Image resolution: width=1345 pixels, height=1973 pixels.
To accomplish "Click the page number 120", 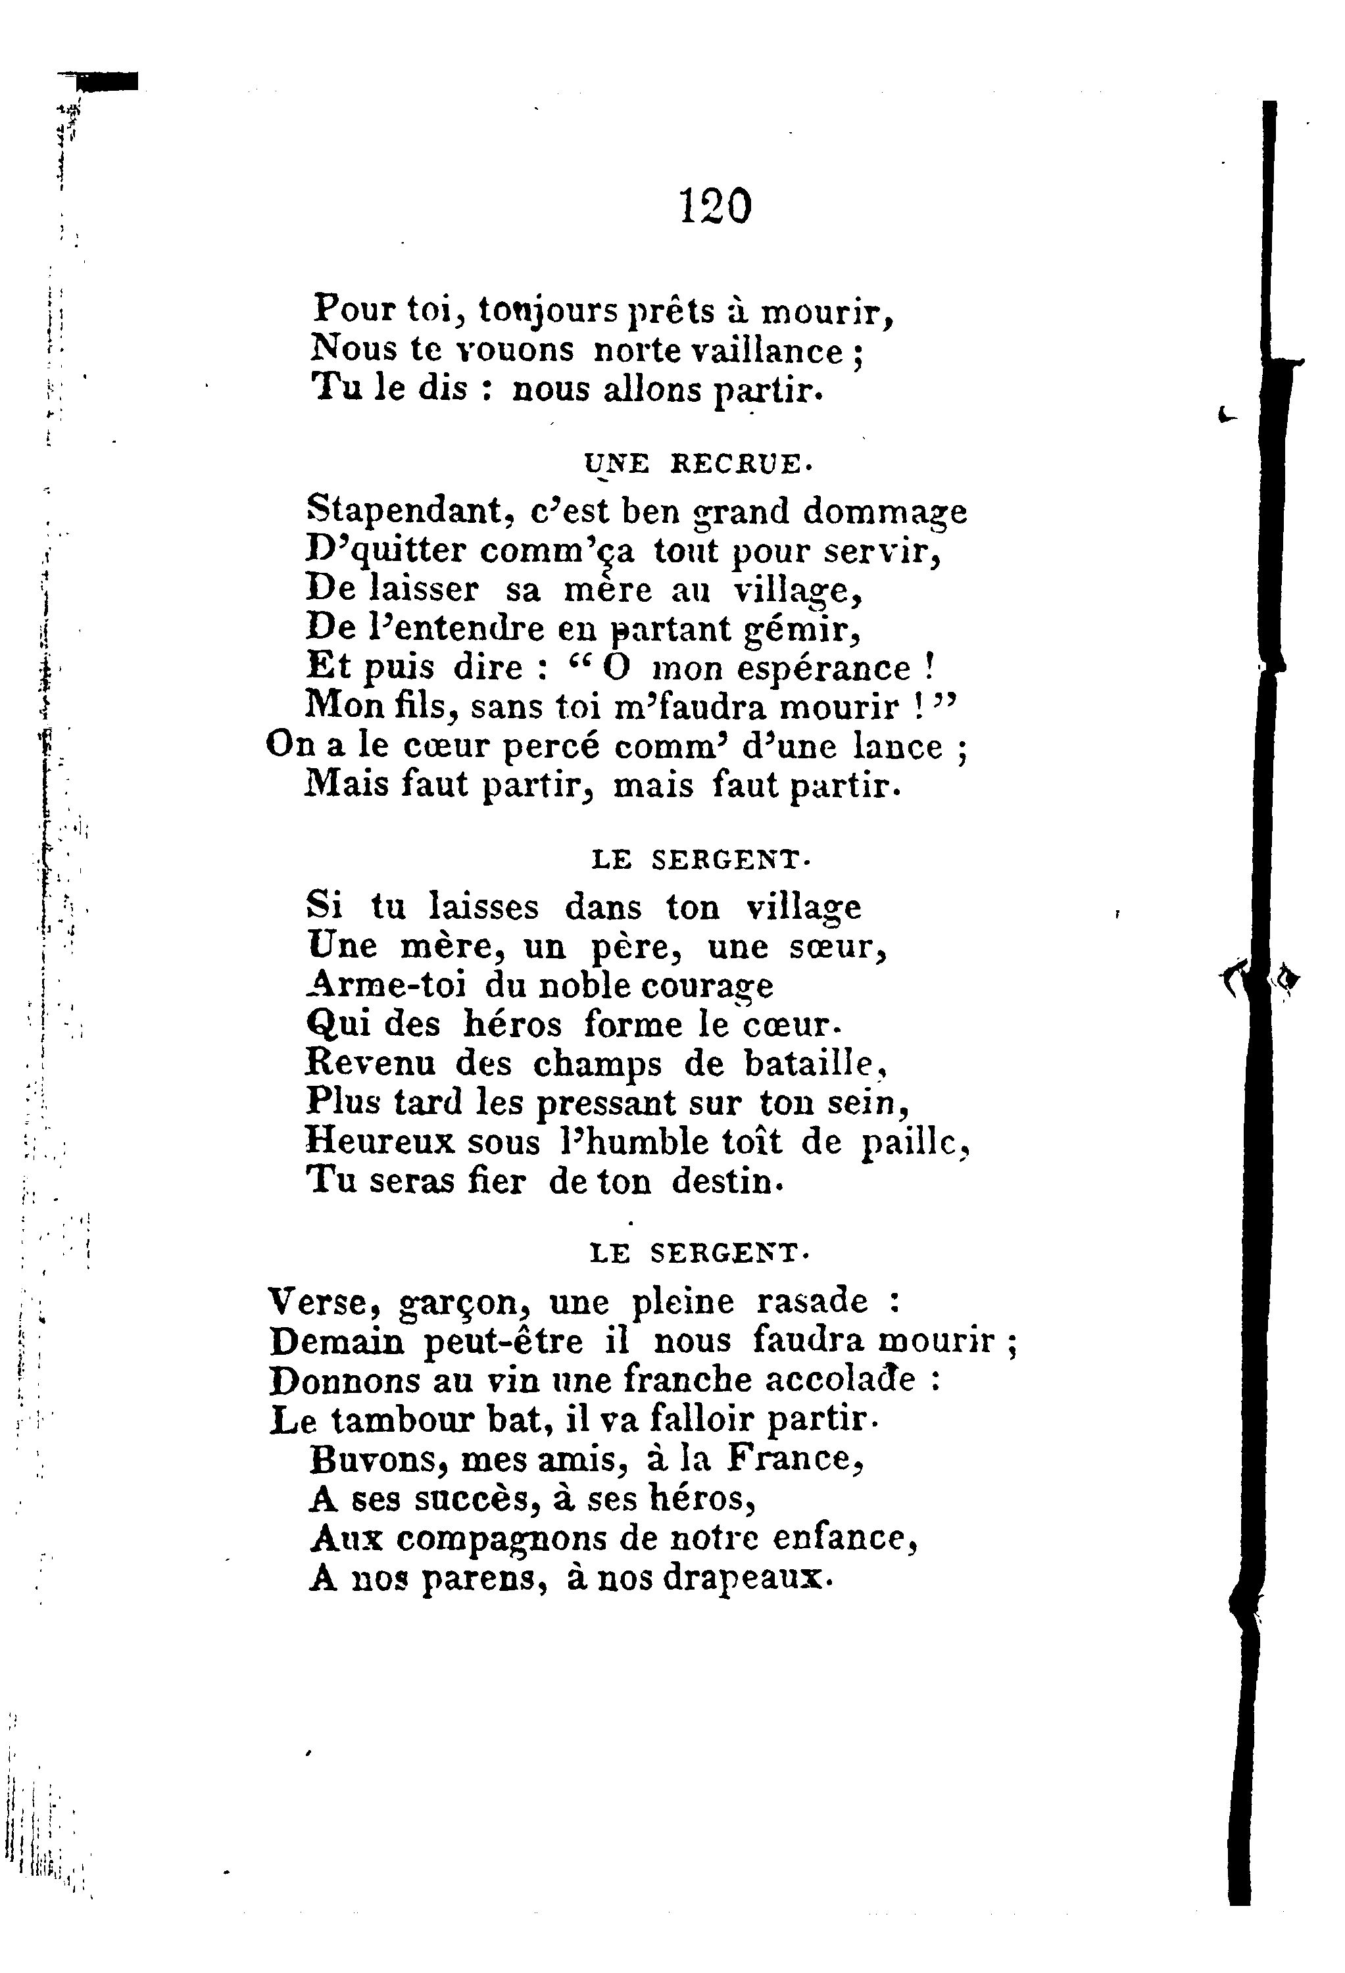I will (x=715, y=207).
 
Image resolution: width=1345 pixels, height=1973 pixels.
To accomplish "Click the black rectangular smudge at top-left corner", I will (x=106, y=82).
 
